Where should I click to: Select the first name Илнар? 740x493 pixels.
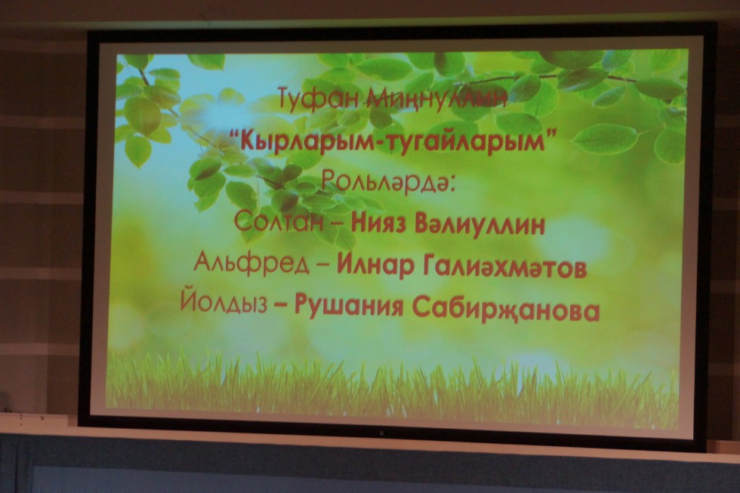pos(374,266)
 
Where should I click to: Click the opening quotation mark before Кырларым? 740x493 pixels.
pos(234,133)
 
